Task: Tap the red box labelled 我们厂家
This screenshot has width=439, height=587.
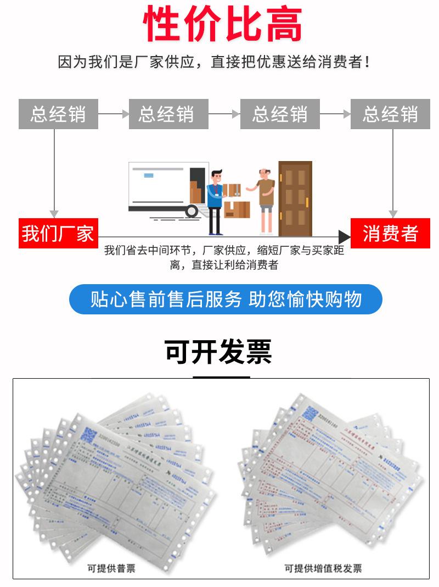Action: [58, 234]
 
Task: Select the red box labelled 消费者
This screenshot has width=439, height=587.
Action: [390, 234]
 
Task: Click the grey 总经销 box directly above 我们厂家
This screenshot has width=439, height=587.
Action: [58, 114]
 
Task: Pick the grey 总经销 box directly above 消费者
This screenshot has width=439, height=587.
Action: [390, 114]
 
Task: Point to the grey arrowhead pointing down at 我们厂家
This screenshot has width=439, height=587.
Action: [54, 213]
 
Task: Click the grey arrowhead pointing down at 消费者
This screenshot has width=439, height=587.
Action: [393, 213]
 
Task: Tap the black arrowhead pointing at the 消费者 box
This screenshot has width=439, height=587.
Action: [344, 237]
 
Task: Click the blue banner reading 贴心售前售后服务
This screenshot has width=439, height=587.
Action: [226, 299]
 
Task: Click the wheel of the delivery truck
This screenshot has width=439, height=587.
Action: [192, 211]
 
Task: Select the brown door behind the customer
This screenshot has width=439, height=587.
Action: [295, 198]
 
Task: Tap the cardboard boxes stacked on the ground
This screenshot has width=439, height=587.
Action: [237, 209]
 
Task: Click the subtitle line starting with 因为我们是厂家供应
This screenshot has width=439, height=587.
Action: [214, 62]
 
